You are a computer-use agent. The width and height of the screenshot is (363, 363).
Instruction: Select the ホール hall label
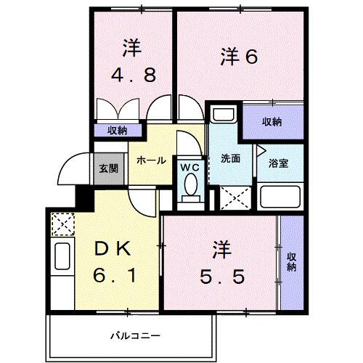point(151,160)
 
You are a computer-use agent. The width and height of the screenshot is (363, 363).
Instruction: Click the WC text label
point(189,166)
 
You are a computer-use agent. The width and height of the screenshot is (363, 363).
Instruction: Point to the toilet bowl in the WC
point(190,188)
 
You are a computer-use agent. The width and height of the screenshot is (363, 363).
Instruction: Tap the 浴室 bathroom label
point(279,163)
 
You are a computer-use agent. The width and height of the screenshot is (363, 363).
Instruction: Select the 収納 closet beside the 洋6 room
point(272,122)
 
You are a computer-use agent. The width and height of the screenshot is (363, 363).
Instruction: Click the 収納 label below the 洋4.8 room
point(118,131)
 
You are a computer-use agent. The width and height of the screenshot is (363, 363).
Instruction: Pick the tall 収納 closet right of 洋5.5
point(291,262)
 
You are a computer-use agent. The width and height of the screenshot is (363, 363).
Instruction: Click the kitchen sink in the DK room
point(62,258)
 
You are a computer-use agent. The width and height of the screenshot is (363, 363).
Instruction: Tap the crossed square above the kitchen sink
point(63,224)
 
